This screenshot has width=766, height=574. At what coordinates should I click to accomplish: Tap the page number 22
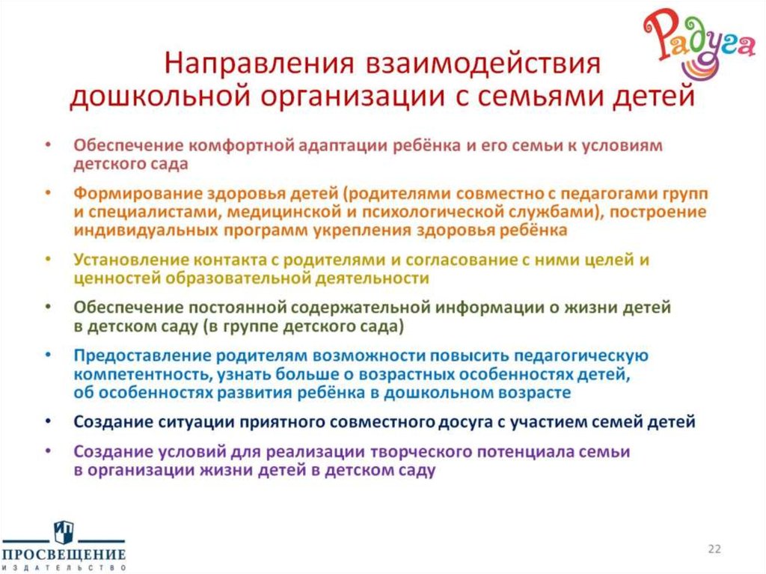(714, 549)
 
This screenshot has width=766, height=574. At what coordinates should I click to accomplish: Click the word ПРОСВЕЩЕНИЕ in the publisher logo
(63, 555)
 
